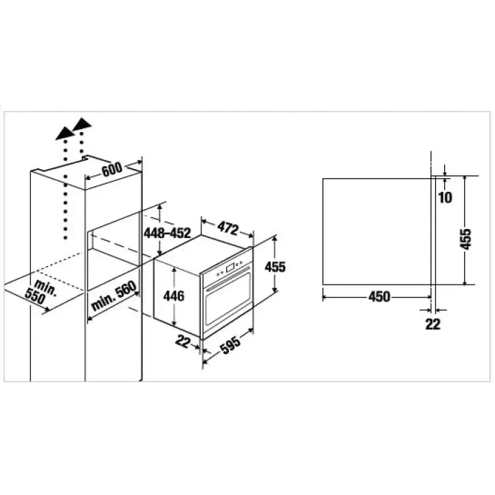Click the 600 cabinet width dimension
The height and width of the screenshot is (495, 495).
click(112, 170)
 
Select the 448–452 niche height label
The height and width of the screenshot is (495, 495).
click(167, 233)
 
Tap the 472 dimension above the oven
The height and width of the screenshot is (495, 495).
click(228, 228)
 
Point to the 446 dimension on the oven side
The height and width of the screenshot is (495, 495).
click(174, 296)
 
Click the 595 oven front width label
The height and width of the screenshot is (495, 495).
click(230, 344)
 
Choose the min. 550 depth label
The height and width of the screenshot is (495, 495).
click(40, 292)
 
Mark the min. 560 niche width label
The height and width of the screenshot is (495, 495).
click(113, 296)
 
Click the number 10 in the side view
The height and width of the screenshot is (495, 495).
click(445, 197)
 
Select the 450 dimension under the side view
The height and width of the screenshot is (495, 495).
click(379, 297)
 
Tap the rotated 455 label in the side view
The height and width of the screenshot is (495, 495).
click(465, 239)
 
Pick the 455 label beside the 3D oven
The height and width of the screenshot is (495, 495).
click(275, 267)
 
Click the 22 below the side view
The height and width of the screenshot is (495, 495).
click(432, 324)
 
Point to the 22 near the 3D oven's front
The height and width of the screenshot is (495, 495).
click(183, 341)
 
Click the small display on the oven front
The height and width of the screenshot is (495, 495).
click(230, 268)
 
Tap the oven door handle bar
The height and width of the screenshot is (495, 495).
click(228, 279)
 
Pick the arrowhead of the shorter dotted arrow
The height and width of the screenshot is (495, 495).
click(82, 124)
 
